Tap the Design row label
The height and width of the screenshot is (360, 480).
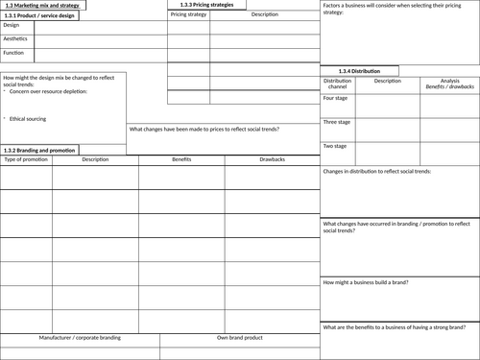12,25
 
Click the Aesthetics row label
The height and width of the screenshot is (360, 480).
15,38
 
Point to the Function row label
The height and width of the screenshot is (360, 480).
14,53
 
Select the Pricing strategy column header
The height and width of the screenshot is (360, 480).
188,16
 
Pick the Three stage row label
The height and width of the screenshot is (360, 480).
336,122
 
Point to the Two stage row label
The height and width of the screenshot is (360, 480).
334,146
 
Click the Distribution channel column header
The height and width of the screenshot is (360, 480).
338,84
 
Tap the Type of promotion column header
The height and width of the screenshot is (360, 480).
26,159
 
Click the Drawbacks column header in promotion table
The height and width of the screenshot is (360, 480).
272,159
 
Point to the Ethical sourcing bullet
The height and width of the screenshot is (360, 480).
31,118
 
